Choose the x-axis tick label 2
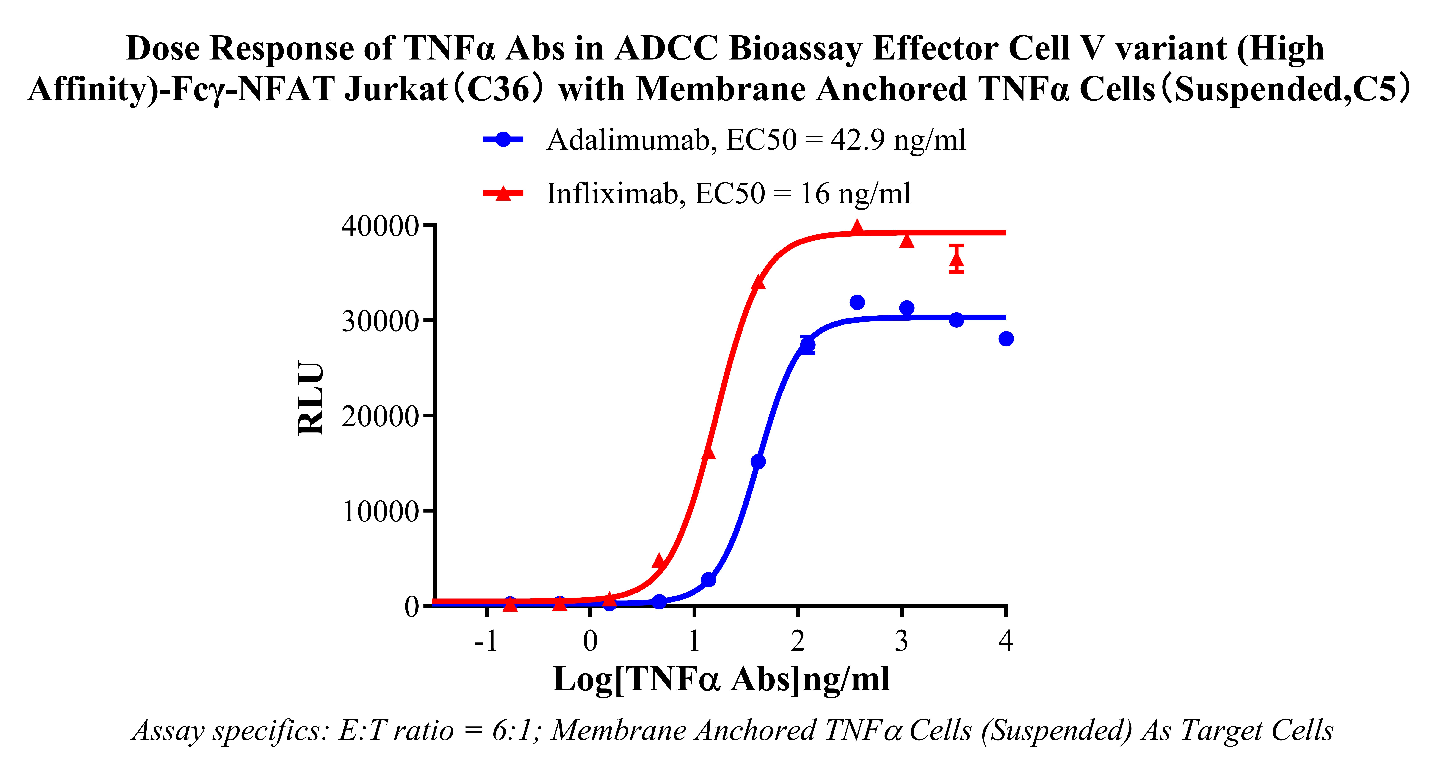tap(798, 641)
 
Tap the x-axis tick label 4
tap(1006, 641)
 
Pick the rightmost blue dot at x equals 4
tap(1006, 339)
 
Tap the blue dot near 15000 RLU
tap(758, 462)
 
